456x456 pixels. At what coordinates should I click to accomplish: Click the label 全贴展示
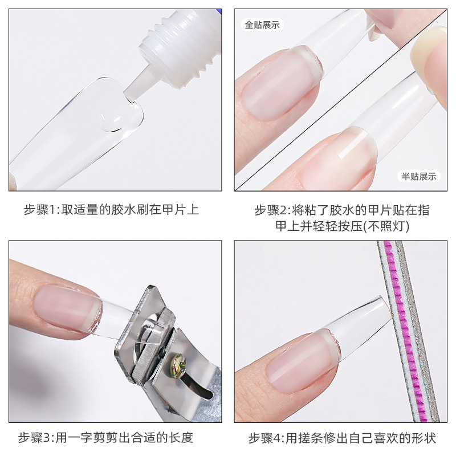point(263,25)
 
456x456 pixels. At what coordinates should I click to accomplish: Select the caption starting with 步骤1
point(111,209)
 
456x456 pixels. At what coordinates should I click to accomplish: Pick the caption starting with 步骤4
point(342,438)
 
